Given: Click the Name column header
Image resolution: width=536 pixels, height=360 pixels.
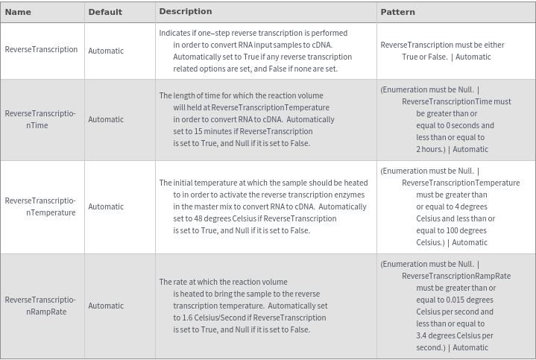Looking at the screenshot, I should [18, 12].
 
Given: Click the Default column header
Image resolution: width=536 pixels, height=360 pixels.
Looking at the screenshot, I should [105, 12].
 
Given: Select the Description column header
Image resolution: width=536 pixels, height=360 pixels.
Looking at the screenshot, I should [186, 11].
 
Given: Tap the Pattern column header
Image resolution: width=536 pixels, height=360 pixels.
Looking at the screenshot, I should [397, 12].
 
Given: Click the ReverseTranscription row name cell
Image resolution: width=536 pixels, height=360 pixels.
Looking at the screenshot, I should [41, 50].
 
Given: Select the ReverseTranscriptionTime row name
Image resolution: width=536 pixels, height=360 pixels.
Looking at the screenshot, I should [40, 119].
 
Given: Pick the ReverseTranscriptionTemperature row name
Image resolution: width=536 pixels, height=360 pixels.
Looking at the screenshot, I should [40, 206].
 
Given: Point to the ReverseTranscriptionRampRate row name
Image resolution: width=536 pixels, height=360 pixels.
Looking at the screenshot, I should [40, 306].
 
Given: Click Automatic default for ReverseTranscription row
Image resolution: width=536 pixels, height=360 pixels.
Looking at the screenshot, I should [106, 51].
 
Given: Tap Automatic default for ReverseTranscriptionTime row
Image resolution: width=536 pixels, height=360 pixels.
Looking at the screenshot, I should [106, 119].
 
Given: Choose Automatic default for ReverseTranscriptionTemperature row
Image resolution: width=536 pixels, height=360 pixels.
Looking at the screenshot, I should [106, 206].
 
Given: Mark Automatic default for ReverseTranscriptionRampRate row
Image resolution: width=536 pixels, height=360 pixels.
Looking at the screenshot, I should [106, 306].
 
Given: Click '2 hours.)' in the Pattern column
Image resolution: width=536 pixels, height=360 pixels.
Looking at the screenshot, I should [431, 149].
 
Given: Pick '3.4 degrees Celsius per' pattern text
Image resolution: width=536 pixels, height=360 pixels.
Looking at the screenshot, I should [455, 335].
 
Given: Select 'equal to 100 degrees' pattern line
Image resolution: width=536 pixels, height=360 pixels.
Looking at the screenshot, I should [452, 230].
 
